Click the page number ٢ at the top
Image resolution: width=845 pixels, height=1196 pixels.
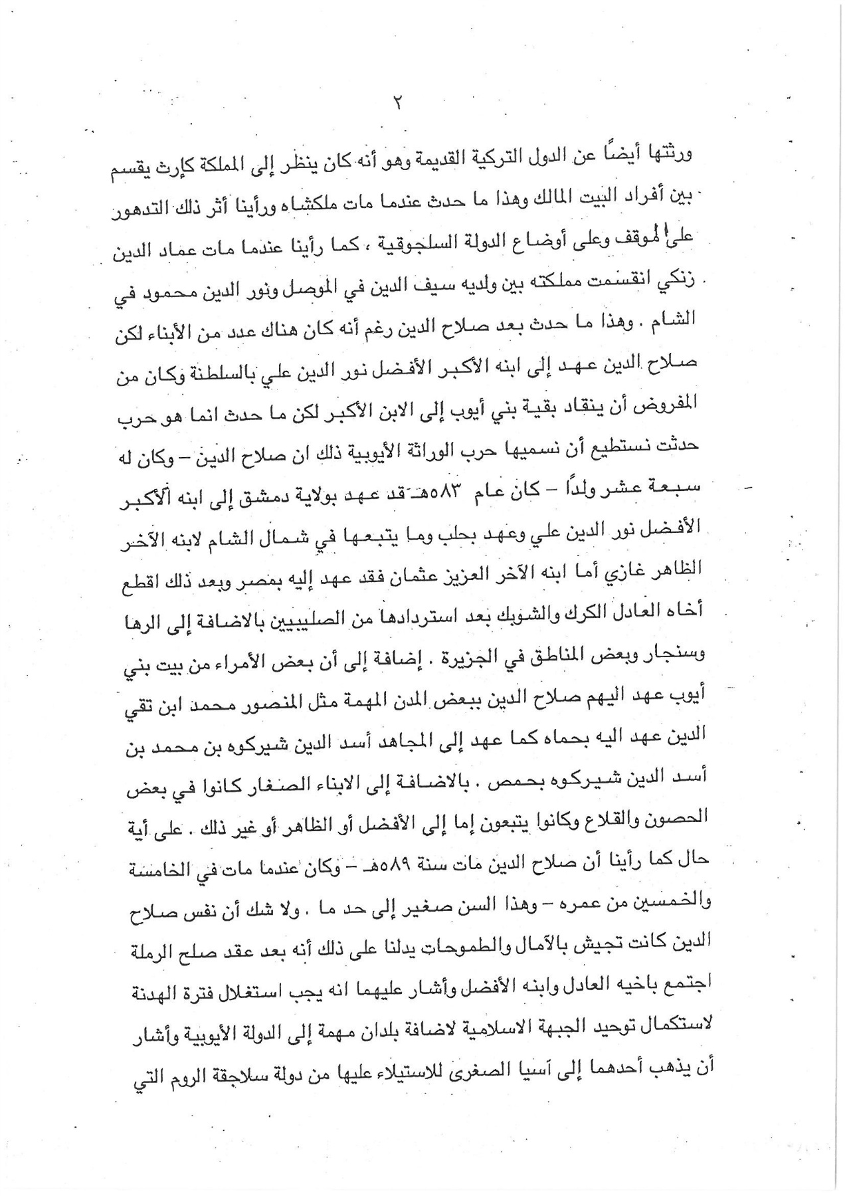pos(399,104)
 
